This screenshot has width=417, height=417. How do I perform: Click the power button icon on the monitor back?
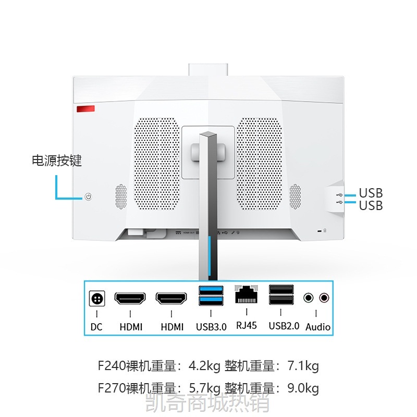(88, 197)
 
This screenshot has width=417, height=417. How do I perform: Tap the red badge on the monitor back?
(85, 109)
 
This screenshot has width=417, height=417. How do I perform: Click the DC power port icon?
(97, 299)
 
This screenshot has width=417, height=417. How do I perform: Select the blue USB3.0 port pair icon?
(211, 296)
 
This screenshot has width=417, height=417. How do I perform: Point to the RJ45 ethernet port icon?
(246, 294)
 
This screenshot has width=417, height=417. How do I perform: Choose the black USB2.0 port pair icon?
(281, 295)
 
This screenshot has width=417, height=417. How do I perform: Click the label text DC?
(96, 327)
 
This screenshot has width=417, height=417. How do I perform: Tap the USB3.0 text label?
(211, 327)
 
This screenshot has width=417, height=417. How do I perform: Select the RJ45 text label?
(247, 325)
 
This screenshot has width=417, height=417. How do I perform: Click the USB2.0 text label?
(284, 326)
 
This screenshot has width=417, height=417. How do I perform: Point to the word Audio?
(318, 327)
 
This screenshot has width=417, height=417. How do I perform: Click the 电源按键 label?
(57, 161)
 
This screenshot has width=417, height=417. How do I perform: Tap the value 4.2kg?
(204, 366)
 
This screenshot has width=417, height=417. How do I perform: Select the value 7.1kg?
(303, 366)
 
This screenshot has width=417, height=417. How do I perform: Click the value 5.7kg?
(205, 388)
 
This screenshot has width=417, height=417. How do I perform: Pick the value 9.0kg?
(303, 388)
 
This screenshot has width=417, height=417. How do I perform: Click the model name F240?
(112, 366)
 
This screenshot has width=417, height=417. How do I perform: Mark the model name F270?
(112, 388)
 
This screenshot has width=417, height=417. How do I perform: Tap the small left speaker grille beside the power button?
(121, 197)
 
